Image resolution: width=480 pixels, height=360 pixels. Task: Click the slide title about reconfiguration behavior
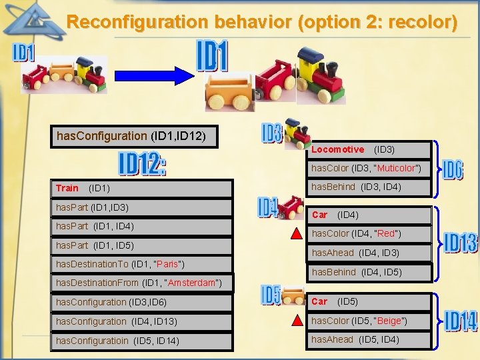pyautogui.click(x=262, y=22)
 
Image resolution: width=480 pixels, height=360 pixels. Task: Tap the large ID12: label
pyautogui.click(x=142, y=164)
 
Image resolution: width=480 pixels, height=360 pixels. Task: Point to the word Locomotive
pyautogui.click(x=337, y=149)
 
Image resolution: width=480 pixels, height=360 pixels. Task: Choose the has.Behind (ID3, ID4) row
pyautogui.click(x=356, y=187)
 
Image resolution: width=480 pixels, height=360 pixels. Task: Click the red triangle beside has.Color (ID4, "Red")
pyautogui.click(x=296, y=234)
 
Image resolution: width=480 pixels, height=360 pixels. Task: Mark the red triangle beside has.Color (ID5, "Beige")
pyautogui.click(x=296, y=321)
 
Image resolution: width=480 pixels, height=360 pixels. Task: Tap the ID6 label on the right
pyautogui.click(x=452, y=170)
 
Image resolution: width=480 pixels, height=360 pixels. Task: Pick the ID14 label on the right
pyautogui.click(x=460, y=321)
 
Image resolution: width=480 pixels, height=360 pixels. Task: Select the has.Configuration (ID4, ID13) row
pyautogui.click(x=111, y=321)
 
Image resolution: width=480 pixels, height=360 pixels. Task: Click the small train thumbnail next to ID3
pyautogui.click(x=297, y=133)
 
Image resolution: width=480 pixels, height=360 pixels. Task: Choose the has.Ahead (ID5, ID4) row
pyautogui.click(x=356, y=340)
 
